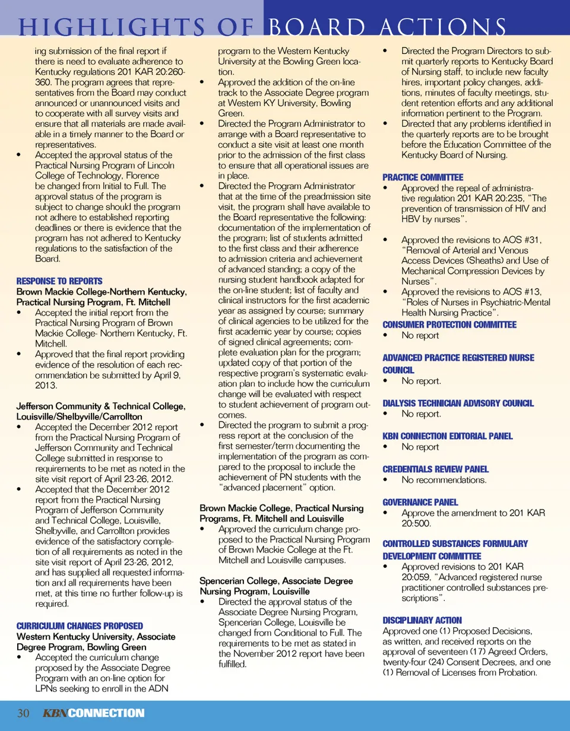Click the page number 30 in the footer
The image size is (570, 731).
tap(24, 713)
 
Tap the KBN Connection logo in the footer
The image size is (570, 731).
tap(93, 713)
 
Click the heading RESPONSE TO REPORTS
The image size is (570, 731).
tap(59, 281)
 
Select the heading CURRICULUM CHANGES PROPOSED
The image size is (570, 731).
tap(80, 625)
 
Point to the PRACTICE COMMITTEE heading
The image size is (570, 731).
tap(423, 177)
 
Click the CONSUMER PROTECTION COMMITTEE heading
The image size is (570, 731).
tap(449, 324)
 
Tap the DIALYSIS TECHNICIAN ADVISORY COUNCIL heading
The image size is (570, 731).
tap(458, 403)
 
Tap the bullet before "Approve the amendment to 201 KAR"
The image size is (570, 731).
tap(387, 513)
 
